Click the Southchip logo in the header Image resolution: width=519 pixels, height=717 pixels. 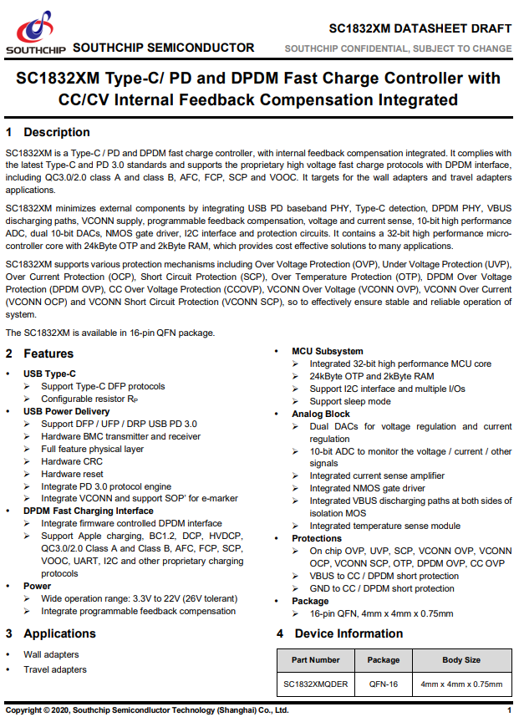tap(34, 33)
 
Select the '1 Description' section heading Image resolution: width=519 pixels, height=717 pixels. tap(48, 132)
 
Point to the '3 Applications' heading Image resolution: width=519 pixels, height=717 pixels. tap(54, 633)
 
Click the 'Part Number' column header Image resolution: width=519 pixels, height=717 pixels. tap(316, 660)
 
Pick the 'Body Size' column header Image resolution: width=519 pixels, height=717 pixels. tap(461, 660)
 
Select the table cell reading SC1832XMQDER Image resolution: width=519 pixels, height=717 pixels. tap(316, 684)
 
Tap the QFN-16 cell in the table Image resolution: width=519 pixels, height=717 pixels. tap(384, 684)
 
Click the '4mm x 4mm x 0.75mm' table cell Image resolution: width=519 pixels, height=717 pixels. tap(461, 684)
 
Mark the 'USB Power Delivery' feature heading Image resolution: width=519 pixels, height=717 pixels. tap(66, 411)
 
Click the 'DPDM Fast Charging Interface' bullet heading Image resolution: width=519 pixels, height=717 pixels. tap(88, 511)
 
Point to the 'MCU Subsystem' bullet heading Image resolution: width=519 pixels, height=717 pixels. tap(328, 351)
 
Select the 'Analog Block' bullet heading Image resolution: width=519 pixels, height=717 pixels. tap(321, 414)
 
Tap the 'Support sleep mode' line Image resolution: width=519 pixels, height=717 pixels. tap(350, 401)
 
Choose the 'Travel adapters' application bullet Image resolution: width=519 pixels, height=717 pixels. tap(54, 669)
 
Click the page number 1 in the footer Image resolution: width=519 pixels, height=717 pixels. tap(509, 709)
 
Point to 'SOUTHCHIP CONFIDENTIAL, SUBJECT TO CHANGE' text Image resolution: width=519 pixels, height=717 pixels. tap(398, 48)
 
